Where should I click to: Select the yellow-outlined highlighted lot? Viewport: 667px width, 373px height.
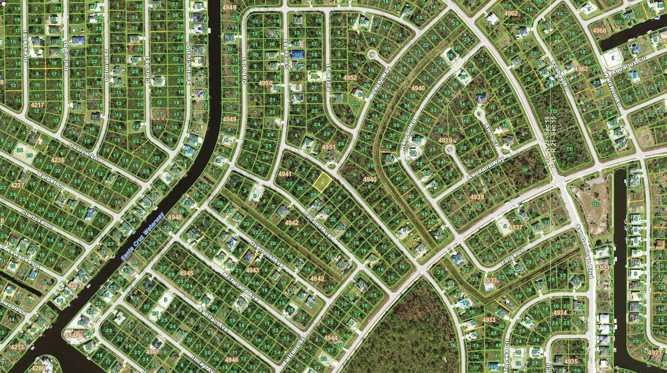pyautogui.click(x=322, y=183)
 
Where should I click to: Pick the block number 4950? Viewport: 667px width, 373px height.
pyautogui.click(x=265, y=84)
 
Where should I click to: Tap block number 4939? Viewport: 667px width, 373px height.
pyautogui.click(x=445, y=140)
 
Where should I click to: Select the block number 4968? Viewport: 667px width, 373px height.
pyautogui.click(x=599, y=30)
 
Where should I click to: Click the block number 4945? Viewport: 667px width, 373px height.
pyautogui.click(x=186, y=273)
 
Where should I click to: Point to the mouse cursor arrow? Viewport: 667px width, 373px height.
pyautogui.click(x=508, y=301)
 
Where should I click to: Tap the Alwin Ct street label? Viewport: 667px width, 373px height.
pyautogui.click(x=491, y=134)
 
